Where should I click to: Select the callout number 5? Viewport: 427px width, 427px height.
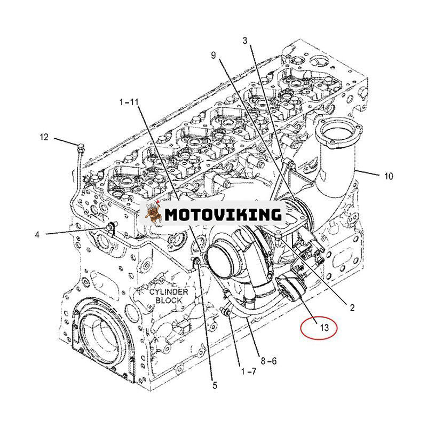click(x=215, y=385)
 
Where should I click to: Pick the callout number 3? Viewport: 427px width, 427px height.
click(x=245, y=41)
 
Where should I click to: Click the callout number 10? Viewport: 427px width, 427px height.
click(x=388, y=176)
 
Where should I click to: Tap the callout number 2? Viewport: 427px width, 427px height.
click(x=352, y=307)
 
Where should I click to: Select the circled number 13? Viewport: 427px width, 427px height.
click(x=325, y=328)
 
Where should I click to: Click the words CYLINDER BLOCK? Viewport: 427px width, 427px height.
click(x=169, y=296)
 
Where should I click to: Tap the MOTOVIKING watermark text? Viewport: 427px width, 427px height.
click(x=223, y=215)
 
